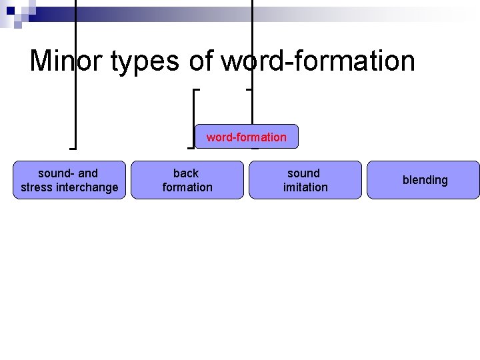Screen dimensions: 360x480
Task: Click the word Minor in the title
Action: (x=63, y=61)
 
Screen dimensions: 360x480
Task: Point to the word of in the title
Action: (x=201, y=61)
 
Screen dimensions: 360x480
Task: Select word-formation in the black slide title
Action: (x=318, y=61)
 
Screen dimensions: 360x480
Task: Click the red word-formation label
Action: (x=247, y=137)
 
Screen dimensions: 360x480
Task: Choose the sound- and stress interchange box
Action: (x=69, y=180)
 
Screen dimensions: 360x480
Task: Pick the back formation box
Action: (x=187, y=180)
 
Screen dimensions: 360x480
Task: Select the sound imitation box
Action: (x=305, y=180)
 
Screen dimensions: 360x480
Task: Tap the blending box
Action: (x=425, y=180)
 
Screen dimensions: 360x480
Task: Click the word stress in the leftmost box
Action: (x=37, y=187)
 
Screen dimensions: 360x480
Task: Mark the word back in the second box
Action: (x=186, y=173)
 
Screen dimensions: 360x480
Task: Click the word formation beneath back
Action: (x=187, y=187)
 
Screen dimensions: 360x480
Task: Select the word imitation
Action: (x=305, y=187)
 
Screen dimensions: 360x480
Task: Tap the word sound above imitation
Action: (x=304, y=173)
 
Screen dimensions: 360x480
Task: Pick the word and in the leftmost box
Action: (x=88, y=173)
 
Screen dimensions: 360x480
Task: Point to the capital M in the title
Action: (x=41, y=61)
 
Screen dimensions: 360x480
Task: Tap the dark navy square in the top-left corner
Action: (x=10, y=10)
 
